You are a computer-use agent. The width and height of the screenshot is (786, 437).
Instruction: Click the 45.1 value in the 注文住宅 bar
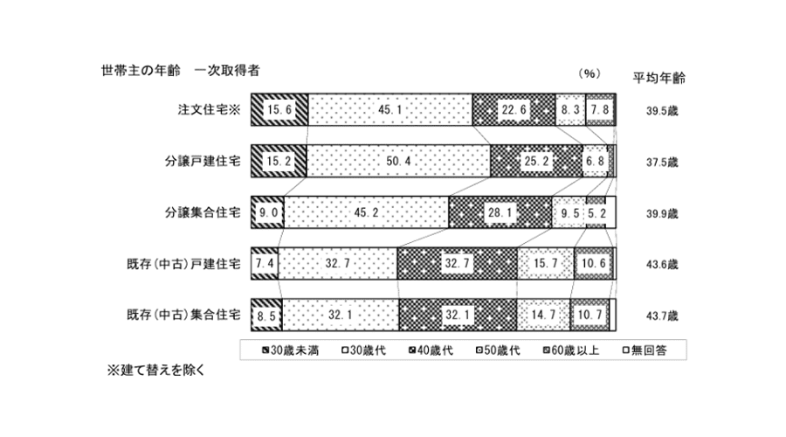click(x=389, y=109)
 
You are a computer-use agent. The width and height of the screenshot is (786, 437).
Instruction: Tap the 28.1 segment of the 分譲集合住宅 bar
click(x=500, y=212)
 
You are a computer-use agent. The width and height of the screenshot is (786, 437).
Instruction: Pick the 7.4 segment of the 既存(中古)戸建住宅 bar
click(x=265, y=263)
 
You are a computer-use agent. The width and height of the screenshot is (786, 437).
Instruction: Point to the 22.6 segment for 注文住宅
click(x=513, y=109)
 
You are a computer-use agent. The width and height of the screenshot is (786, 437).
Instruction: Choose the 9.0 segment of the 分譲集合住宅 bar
click(x=266, y=212)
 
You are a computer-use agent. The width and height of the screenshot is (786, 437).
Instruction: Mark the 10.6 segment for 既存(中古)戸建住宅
click(x=593, y=263)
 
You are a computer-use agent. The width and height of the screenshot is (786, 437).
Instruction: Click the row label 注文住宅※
click(x=209, y=110)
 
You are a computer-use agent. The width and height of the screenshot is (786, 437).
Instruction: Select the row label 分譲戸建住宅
click(x=202, y=162)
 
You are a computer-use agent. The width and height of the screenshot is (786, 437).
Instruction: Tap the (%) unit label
click(x=590, y=73)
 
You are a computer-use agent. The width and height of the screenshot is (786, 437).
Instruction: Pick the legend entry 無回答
click(x=640, y=350)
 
